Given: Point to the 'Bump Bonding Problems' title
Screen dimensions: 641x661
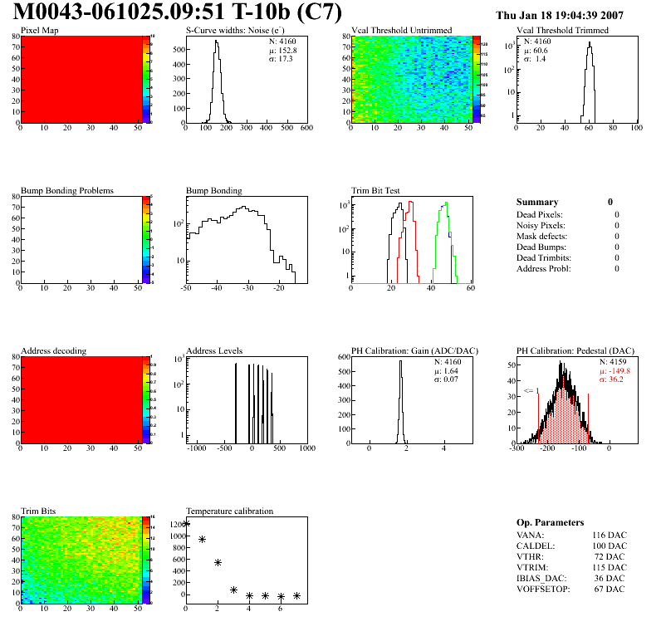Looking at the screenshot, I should click(67, 190).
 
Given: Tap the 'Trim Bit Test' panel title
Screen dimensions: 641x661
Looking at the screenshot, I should click(376, 190).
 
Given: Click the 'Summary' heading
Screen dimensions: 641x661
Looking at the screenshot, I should click(537, 202).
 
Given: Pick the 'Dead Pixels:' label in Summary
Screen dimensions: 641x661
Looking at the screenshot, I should click(541, 214).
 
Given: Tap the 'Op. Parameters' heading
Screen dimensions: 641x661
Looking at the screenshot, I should click(550, 522).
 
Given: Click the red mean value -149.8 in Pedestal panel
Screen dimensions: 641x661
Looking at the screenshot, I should click(614, 371).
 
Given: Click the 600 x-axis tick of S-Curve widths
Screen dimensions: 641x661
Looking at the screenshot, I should click(306, 127).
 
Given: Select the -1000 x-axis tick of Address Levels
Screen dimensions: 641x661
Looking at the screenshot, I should click(197, 448).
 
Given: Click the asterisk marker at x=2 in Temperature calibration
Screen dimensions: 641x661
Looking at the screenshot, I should click(218, 562).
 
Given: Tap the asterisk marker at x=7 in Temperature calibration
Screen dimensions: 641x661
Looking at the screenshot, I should click(296, 595).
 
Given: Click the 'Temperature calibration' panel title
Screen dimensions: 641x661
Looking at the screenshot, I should click(229, 511).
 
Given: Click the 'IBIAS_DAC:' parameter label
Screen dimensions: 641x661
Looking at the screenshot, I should click(541, 578).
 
